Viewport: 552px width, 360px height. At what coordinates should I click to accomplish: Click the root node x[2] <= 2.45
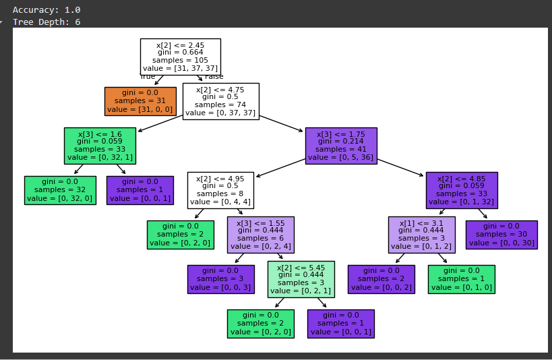(180, 57)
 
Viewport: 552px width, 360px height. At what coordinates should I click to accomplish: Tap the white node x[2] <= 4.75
(220, 101)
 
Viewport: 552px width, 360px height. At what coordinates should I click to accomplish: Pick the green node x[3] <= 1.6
(100, 145)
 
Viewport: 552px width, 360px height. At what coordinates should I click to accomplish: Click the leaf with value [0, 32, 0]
(59, 189)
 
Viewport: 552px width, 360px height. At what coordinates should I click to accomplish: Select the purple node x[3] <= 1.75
(340, 145)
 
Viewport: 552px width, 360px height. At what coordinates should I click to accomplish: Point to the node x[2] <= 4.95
(220, 189)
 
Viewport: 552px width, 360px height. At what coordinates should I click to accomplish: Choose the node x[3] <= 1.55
(260, 234)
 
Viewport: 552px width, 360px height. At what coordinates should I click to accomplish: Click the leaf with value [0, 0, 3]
(220, 278)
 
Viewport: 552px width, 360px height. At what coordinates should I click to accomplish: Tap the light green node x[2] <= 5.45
(301, 278)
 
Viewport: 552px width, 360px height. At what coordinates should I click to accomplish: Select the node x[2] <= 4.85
(462, 189)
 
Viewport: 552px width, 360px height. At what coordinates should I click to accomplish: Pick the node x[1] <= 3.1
(421, 234)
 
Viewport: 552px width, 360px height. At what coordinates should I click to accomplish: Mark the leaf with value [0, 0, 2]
(381, 278)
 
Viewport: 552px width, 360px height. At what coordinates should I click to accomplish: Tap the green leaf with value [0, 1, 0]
(461, 278)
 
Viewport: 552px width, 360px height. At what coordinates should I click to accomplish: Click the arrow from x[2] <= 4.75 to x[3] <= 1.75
(281, 123)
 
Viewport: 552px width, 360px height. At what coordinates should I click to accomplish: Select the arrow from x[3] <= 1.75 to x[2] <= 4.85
(402, 167)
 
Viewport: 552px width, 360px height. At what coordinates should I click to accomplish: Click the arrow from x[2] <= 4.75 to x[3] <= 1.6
(160, 123)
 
